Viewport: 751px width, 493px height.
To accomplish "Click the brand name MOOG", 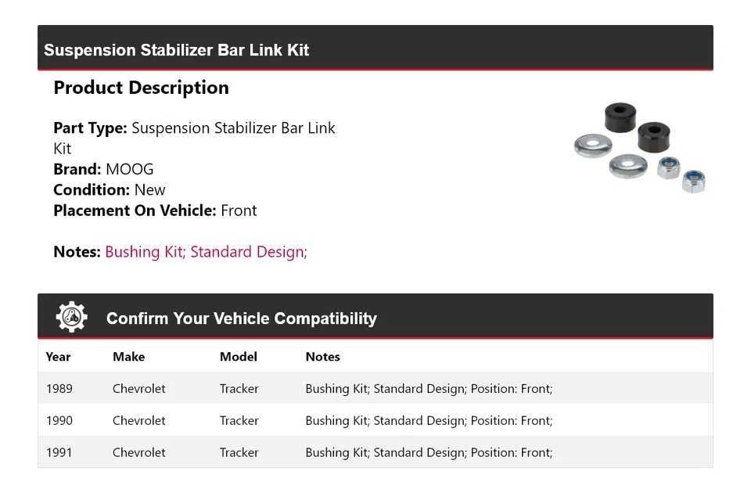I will (x=130, y=169).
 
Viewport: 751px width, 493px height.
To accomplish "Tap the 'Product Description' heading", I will (x=141, y=88).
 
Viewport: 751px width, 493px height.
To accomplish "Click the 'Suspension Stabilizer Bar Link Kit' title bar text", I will (x=177, y=50).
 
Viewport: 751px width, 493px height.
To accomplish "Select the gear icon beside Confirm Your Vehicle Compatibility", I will (x=71, y=317).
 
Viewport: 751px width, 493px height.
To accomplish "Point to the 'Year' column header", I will (x=58, y=357).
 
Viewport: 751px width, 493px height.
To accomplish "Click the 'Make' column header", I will (x=128, y=357).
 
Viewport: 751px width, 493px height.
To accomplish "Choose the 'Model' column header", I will (x=238, y=357).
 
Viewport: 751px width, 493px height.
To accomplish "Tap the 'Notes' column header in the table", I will (x=322, y=357).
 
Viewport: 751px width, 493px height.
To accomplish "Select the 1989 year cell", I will (x=59, y=389).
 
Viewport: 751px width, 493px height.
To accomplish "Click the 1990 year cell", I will (x=59, y=421).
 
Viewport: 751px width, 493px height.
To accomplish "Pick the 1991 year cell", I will (x=59, y=453).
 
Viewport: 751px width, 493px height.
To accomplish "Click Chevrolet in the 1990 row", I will (x=138, y=421).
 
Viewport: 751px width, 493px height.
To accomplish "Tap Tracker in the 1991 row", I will (x=239, y=453).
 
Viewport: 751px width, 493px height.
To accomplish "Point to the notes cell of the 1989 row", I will (x=429, y=389).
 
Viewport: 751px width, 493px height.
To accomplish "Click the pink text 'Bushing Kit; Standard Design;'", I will (x=206, y=252).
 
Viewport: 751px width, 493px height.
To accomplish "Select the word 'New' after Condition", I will (x=149, y=190).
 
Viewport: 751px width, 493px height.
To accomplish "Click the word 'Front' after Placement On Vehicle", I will (x=239, y=211).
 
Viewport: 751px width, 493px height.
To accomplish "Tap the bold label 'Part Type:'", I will (x=90, y=128).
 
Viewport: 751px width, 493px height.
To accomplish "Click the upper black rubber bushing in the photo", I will (x=620, y=117).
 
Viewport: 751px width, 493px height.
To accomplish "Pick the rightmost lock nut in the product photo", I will (x=693, y=182).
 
